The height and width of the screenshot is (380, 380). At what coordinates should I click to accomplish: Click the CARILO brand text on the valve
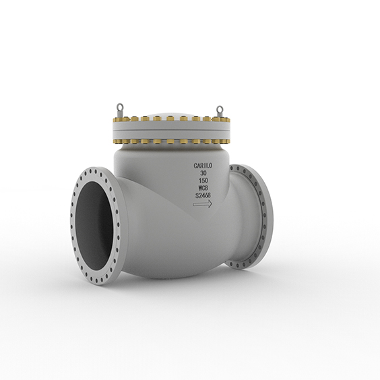[203, 165]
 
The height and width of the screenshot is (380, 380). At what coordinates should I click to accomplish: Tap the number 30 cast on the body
[203, 173]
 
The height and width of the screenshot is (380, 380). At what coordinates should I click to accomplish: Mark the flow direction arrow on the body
[203, 205]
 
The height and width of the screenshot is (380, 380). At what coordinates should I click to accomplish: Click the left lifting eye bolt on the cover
[119, 106]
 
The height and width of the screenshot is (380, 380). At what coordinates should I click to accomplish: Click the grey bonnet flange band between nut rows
[168, 131]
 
